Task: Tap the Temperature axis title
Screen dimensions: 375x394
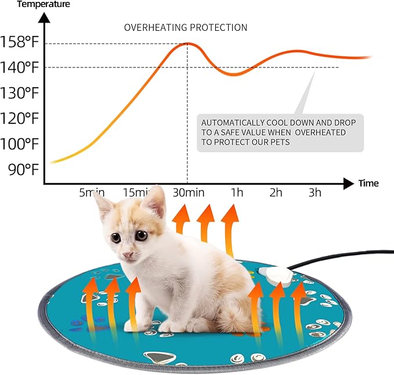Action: click(x=35, y=5)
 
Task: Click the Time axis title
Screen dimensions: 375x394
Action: click(x=368, y=184)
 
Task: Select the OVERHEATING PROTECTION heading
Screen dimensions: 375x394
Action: click(x=186, y=27)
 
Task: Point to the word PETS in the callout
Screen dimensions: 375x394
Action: click(x=278, y=142)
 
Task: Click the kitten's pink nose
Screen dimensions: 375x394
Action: click(x=127, y=254)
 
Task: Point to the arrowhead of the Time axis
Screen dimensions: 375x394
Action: click(x=348, y=184)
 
